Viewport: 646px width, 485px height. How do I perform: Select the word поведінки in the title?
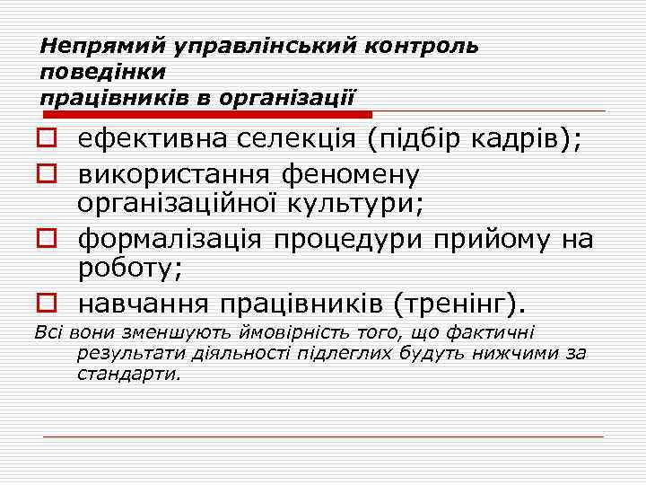103,69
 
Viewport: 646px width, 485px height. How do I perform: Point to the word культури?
356,202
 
